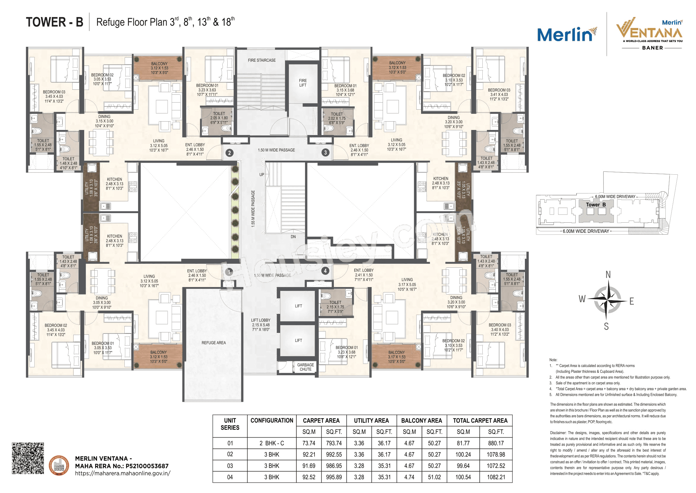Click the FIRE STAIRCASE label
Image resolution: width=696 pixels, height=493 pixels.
click(262, 61)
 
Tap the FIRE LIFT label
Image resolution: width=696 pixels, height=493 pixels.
click(303, 83)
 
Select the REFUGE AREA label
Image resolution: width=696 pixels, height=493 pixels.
click(213, 343)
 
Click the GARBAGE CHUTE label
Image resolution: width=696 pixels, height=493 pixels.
click(305, 367)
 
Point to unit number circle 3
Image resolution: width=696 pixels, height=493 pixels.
click(325, 152)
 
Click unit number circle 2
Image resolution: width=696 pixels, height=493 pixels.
click(229, 153)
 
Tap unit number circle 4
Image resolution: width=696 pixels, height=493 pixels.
click(325, 270)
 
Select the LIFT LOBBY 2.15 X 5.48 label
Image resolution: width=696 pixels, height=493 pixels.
click(261, 325)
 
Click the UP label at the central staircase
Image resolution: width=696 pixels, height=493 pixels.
click(262, 175)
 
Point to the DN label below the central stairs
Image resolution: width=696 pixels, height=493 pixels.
click(293, 236)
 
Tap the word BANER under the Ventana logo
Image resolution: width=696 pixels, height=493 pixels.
click(652, 48)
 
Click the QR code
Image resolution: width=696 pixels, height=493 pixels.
click(28, 458)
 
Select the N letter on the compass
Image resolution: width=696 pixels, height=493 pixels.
click(608, 275)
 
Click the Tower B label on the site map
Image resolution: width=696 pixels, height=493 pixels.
click(596, 204)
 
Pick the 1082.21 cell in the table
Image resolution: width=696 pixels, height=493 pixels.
click(496, 477)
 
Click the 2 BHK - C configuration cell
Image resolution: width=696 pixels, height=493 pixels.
click(272, 443)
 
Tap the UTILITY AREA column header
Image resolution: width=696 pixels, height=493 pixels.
click(371, 421)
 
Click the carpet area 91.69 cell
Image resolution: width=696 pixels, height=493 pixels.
click(309, 466)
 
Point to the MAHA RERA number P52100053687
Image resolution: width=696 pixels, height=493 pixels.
click(147, 466)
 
